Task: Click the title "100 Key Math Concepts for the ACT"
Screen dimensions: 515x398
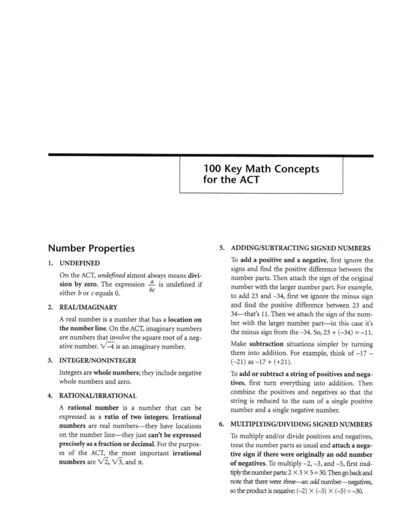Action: click(x=261, y=174)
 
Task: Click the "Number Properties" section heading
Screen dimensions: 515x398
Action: click(x=92, y=248)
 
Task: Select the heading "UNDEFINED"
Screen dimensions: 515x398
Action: click(x=80, y=263)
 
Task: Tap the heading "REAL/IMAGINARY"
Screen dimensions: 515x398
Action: click(x=88, y=307)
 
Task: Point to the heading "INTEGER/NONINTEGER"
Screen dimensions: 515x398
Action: click(x=98, y=360)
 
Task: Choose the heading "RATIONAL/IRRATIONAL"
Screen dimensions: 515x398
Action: click(x=98, y=396)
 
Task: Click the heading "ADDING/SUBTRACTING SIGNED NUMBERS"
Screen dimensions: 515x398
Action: click(x=300, y=248)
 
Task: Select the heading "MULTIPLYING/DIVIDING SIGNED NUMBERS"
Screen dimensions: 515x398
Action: click(x=301, y=424)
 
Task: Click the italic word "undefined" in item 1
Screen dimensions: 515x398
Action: click(x=111, y=275)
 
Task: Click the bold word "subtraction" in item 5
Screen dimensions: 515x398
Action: click(x=266, y=344)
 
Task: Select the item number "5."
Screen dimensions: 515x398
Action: click(x=222, y=248)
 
